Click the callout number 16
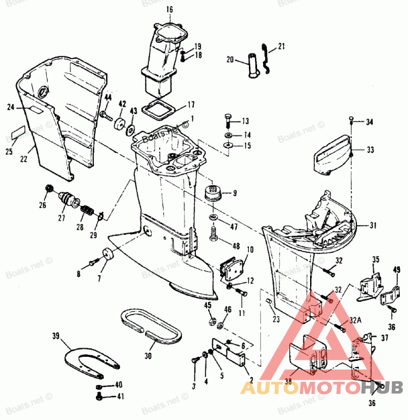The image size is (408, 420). [169, 9]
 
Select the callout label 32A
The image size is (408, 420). [355, 320]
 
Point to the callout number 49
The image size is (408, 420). [397, 270]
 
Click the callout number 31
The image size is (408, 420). [373, 225]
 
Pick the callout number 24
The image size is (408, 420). [11, 107]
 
